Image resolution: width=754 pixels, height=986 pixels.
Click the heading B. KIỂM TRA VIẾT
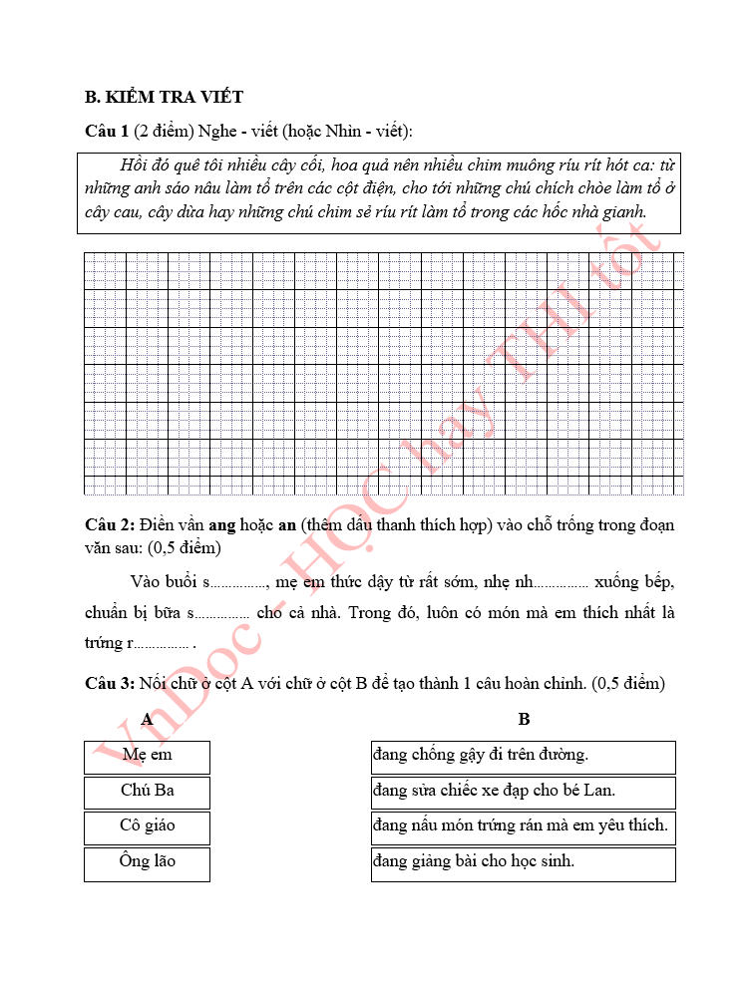pos(165,98)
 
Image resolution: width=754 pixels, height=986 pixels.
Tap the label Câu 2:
pos(110,525)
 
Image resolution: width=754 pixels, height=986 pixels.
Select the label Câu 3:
pos(110,684)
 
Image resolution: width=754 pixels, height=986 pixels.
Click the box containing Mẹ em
pos(147,756)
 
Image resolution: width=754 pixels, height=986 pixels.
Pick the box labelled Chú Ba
pos(147,792)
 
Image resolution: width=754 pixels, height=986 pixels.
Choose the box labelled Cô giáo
pos(147,826)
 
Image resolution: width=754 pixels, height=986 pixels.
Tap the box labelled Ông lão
pos(147,862)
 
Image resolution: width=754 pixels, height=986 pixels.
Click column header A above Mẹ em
pos(147,720)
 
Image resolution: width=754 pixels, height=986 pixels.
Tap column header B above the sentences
pos(524,720)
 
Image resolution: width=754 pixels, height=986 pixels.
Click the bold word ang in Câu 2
pos(222,525)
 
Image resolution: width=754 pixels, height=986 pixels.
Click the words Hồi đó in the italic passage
pos(140,165)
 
